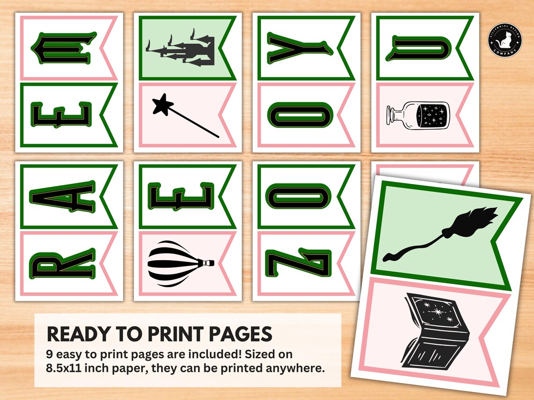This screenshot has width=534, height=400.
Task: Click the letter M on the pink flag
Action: [x=64, y=48]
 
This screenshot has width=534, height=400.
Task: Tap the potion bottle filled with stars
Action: [x=418, y=115]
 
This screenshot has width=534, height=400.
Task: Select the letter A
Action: [x=62, y=196]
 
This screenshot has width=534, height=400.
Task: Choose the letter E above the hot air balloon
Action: [x=181, y=196]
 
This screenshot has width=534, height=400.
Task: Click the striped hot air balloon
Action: [x=181, y=263]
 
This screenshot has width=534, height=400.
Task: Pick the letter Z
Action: [x=298, y=263]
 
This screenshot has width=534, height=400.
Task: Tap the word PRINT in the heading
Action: [x=176, y=334]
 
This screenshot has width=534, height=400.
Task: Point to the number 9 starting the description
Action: [x=50, y=354]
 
